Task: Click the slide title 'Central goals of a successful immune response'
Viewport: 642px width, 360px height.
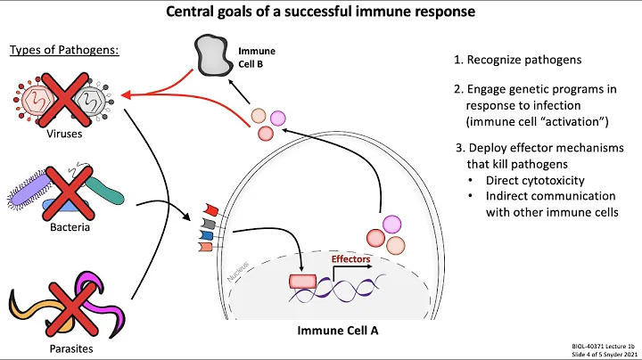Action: pos(320,12)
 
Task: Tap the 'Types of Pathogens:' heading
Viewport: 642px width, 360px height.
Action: pos(64,48)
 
